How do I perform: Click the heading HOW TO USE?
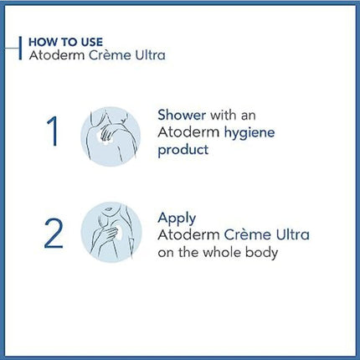pyautogui.click(x=66, y=42)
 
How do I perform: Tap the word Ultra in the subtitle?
pyautogui.click(x=150, y=55)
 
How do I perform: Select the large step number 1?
pyautogui.click(x=53, y=131)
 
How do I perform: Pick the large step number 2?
pyautogui.click(x=54, y=234)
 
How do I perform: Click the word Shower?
pyautogui.click(x=182, y=115)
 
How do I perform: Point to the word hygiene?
pyautogui.click(x=249, y=133)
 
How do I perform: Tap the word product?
pyautogui.click(x=183, y=150)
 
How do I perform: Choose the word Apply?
pyautogui.click(x=177, y=219)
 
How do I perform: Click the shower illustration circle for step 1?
pyautogui.click(x=111, y=136)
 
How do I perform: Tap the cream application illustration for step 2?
pyautogui.click(x=111, y=233)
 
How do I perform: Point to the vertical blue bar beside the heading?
pyautogui.click(x=20, y=48)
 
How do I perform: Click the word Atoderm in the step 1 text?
pyautogui.click(x=188, y=132)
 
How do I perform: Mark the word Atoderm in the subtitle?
pyautogui.click(x=57, y=55)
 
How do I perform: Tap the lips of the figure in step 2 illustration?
pyautogui.click(x=108, y=208)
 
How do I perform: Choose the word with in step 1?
pyautogui.click(x=223, y=115)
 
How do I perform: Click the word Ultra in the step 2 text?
pyautogui.click(x=292, y=234)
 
